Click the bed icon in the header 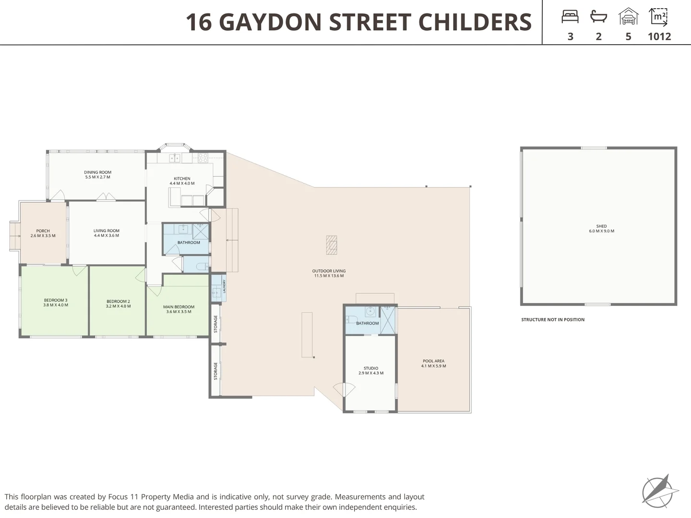click(570, 17)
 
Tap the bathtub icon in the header click(598, 16)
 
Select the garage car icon click(628, 16)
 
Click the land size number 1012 click(659, 36)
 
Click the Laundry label click(225, 286)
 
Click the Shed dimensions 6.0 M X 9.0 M click(602, 231)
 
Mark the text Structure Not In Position click(553, 319)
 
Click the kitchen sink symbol click(175, 158)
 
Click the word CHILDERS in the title click(475, 22)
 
